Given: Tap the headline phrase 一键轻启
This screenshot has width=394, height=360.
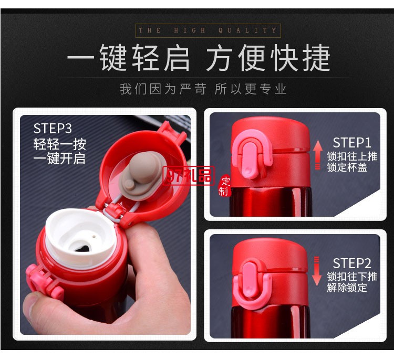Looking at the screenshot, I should [129, 58].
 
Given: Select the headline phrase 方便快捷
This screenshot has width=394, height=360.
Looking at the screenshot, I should [268, 58].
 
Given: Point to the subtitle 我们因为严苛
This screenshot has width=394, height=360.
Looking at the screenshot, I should [162, 89].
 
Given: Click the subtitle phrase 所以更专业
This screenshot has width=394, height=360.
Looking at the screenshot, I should [251, 89].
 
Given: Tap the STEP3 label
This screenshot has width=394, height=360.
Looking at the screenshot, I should [53, 129].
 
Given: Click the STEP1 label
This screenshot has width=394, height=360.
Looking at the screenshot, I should [352, 143].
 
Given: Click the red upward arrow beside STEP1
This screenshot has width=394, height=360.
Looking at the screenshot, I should [318, 154].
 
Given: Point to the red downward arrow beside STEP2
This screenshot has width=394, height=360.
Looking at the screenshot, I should [316, 271].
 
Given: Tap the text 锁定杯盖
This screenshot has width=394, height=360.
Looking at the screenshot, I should [347, 168].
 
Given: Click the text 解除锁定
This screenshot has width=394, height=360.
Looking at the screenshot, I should [347, 288].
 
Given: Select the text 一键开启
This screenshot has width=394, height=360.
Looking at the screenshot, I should [59, 158].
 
